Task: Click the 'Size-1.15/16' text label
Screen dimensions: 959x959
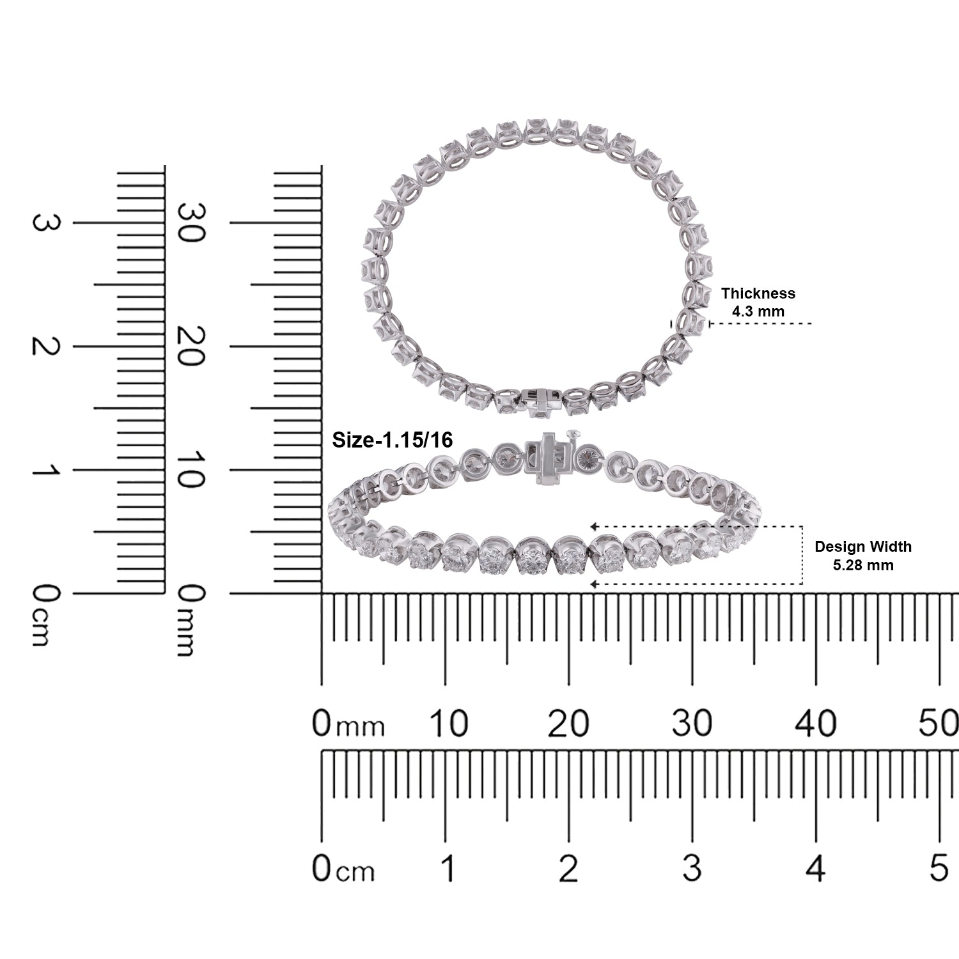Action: click(x=393, y=440)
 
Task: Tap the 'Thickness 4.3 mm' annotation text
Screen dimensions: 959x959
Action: click(x=758, y=302)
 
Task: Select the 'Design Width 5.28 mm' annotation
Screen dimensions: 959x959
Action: click(x=863, y=556)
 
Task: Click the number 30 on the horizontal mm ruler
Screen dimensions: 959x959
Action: click(x=692, y=724)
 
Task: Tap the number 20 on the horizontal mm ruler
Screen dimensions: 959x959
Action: click(x=568, y=724)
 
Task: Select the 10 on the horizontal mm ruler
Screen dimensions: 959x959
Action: click(x=448, y=724)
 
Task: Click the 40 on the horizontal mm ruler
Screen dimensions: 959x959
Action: click(x=816, y=724)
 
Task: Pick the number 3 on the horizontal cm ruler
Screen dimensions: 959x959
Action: click(x=692, y=868)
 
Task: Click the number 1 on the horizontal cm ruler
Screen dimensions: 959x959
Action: click(x=448, y=868)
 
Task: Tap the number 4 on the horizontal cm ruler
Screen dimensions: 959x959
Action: click(x=816, y=868)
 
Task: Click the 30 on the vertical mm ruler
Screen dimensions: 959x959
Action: click(x=191, y=222)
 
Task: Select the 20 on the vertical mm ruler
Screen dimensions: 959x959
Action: click(x=191, y=346)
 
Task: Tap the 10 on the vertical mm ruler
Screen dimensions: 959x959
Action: click(x=191, y=470)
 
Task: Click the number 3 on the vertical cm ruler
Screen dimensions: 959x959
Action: click(x=45, y=222)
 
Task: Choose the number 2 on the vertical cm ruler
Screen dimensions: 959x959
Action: click(x=45, y=346)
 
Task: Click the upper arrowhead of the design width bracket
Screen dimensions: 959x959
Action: click(x=594, y=526)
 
